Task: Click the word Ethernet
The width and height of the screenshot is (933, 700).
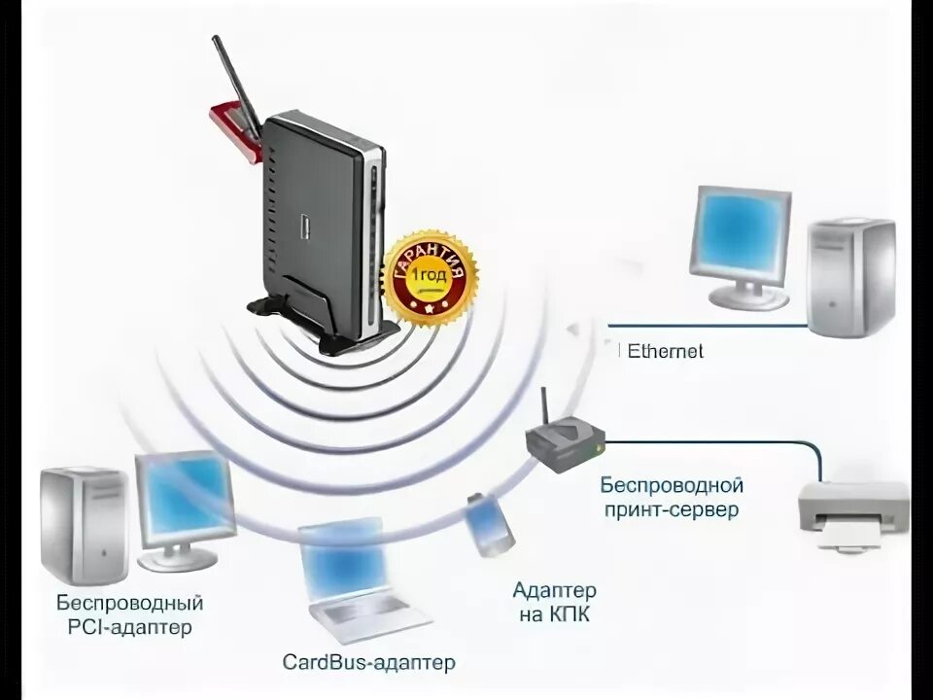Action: tap(666, 351)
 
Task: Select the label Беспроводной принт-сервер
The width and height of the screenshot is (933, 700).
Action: tap(672, 496)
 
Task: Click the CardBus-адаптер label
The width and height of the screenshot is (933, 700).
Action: tap(368, 663)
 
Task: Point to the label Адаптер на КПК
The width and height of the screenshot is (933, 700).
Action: tap(554, 603)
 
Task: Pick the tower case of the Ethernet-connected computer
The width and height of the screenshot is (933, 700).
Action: tap(851, 277)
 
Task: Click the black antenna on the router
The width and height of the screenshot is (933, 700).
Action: tap(235, 87)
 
